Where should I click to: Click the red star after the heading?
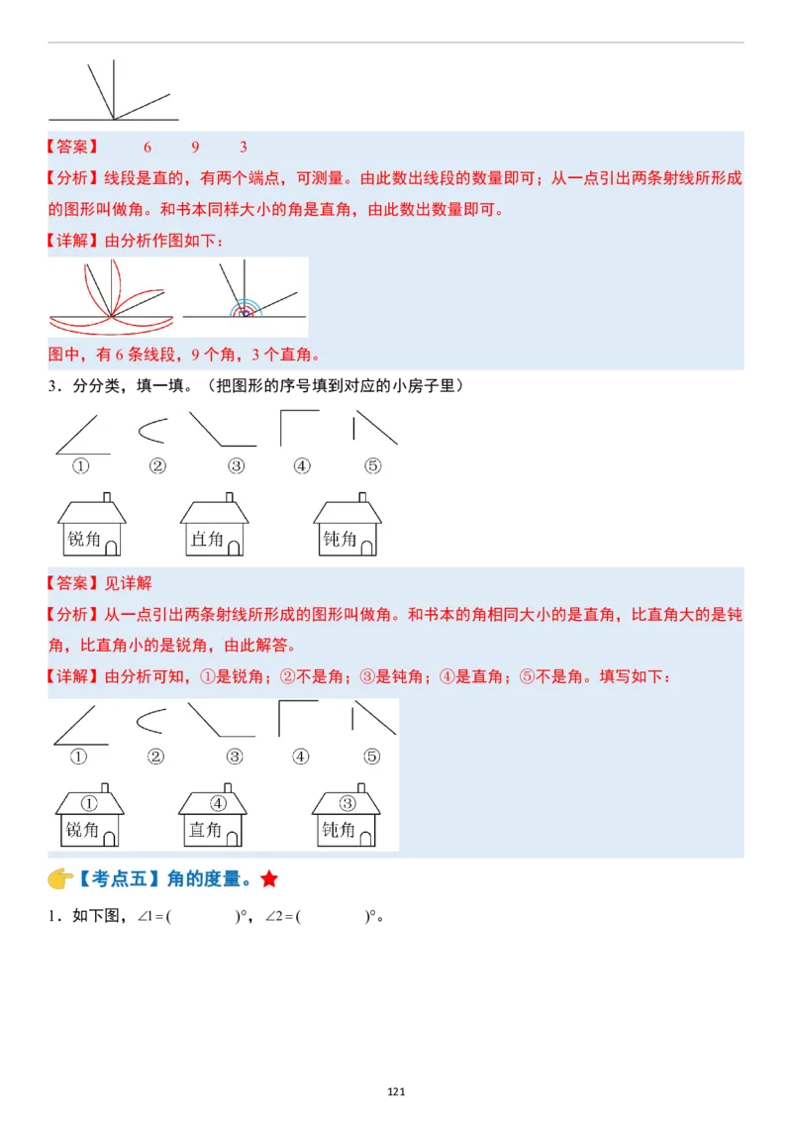click(269, 879)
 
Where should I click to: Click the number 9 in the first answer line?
click(195, 148)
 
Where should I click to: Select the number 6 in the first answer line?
click(148, 148)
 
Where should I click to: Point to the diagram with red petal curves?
click(112, 297)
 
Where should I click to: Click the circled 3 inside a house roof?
click(347, 803)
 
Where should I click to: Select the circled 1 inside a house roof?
click(89, 803)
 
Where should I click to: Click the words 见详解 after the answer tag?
click(128, 583)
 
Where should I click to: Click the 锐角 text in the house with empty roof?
click(83, 540)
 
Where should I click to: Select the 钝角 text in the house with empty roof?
click(340, 540)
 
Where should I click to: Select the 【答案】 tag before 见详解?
click(73, 583)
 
